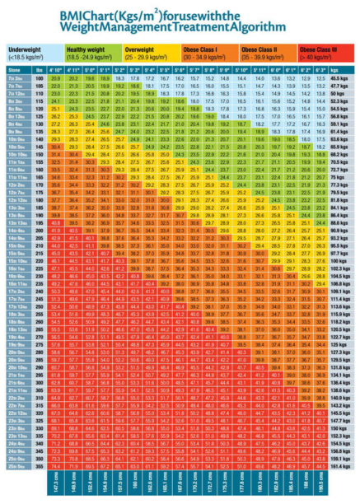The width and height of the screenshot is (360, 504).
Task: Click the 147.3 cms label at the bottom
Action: pos(55,484)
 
